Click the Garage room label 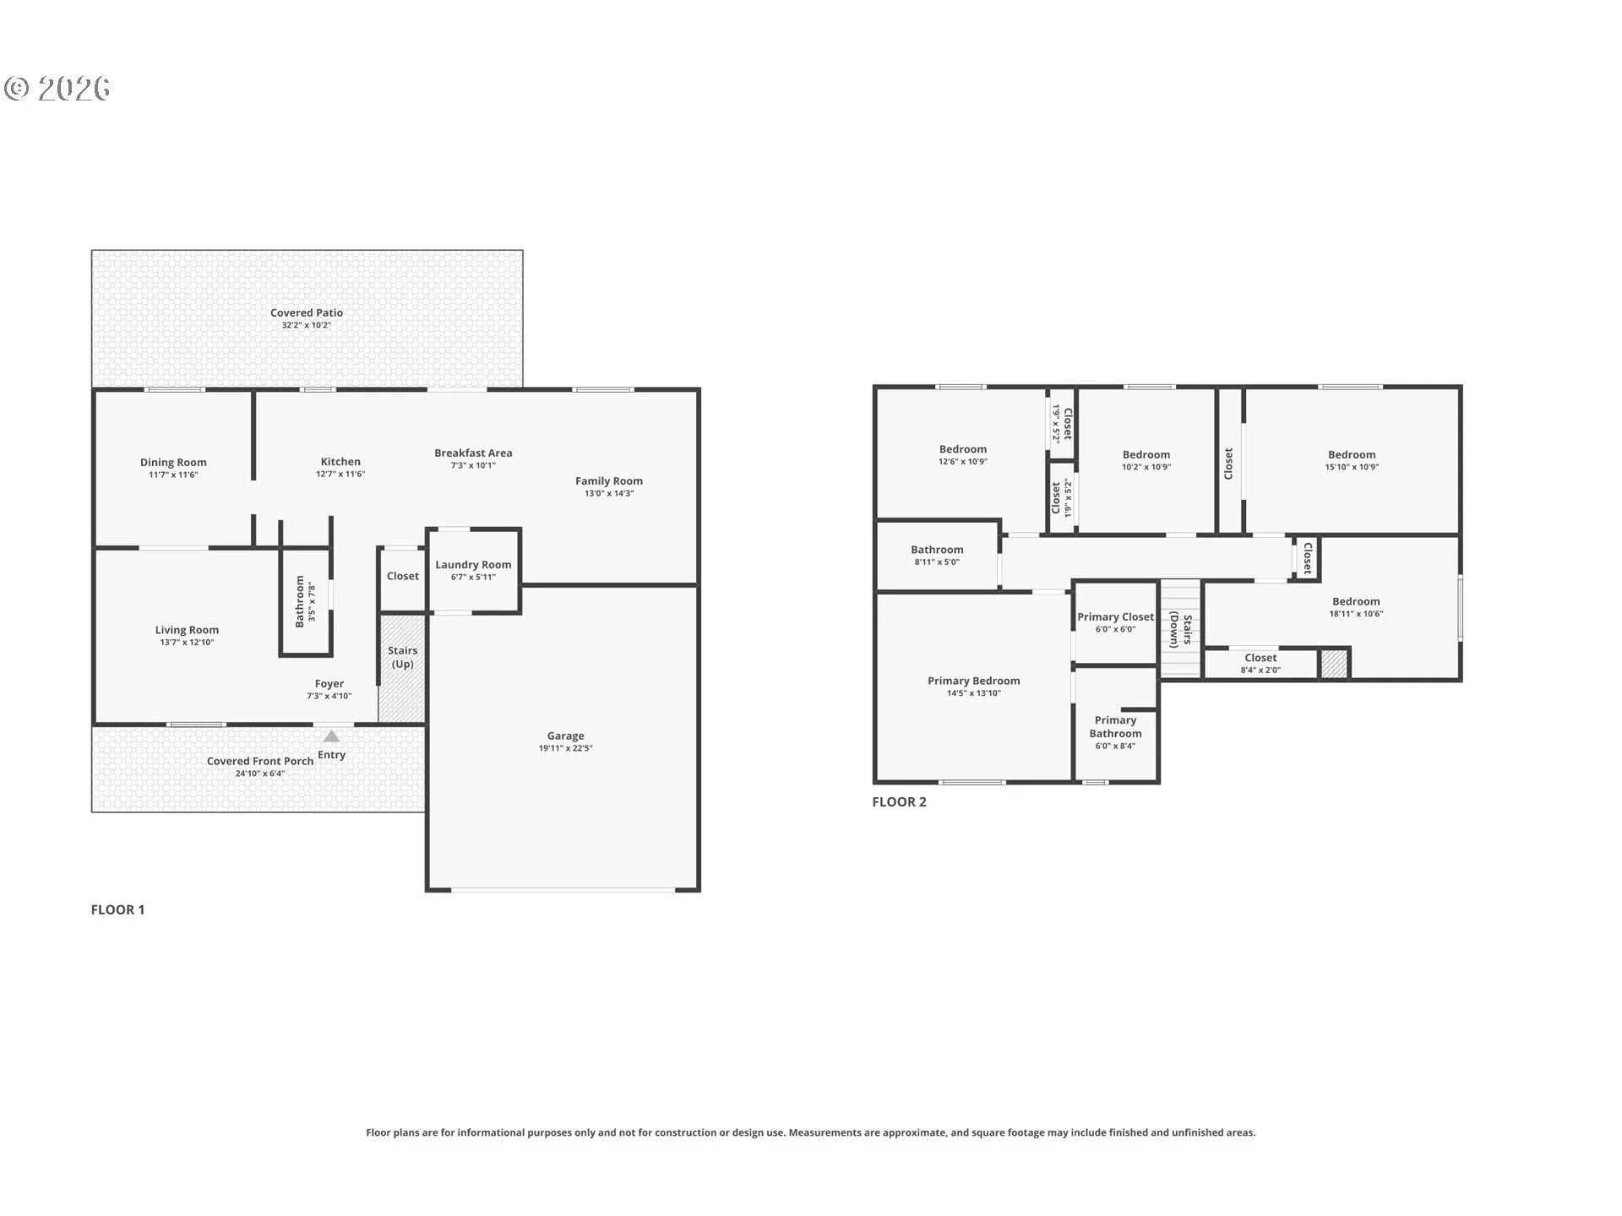click(x=565, y=736)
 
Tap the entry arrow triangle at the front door click(x=332, y=736)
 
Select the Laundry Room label click(x=473, y=565)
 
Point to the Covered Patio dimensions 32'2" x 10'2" click(x=307, y=325)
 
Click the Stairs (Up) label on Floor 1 click(x=402, y=657)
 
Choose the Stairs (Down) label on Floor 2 click(x=1181, y=631)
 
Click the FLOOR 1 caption click(x=117, y=909)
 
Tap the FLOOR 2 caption click(x=899, y=802)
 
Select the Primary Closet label click(x=1115, y=617)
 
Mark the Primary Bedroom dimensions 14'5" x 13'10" click(x=974, y=693)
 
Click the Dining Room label click(x=173, y=462)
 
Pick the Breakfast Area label click(x=473, y=453)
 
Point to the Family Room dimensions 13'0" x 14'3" click(x=609, y=493)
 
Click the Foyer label click(x=329, y=684)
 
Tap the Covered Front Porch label click(x=260, y=761)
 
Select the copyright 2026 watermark click(x=57, y=89)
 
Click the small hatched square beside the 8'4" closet click(x=1334, y=664)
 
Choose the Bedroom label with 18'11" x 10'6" click(x=1356, y=601)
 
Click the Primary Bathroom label click(x=1115, y=726)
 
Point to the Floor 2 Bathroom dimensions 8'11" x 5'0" click(x=937, y=562)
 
